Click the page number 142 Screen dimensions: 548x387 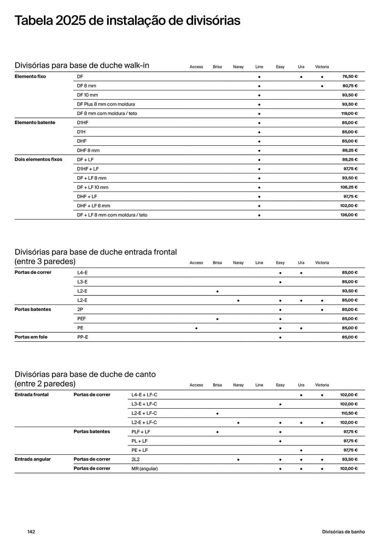point(31,532)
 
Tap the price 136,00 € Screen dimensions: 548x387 point(349,215)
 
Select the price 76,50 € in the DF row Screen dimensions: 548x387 point(350,76)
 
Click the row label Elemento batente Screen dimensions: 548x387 point(35,122)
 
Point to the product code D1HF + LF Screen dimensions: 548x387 point(88,169)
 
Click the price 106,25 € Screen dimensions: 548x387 point(349,187)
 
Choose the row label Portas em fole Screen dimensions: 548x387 point(31,337)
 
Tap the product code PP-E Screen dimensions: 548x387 point(82,337)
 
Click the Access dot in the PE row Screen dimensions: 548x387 point(196,328)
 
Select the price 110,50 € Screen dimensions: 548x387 point(349,413)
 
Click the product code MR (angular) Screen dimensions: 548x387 point(145,469)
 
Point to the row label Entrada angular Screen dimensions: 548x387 point(33,459)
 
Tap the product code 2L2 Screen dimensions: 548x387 point(135,459)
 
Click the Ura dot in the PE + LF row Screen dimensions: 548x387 point(301,450)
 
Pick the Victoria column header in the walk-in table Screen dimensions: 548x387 point(322,67)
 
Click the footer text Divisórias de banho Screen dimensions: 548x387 point(343,532)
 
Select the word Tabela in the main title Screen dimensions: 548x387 point(33,21)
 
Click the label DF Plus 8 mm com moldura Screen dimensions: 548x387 point(106,104)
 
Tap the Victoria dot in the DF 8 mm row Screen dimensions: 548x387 point(322,86)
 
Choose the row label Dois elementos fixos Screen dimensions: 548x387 point(38,159)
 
